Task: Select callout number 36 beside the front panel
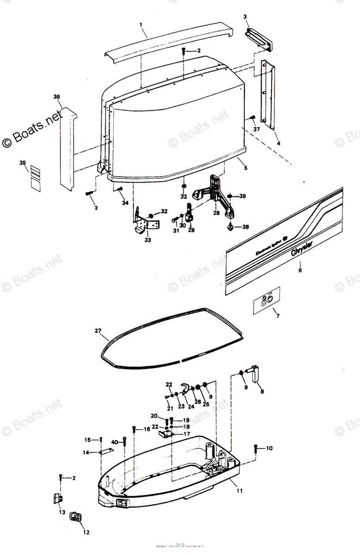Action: [57, 97]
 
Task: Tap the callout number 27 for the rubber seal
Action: [98, 330]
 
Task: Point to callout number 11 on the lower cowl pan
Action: [239, 490]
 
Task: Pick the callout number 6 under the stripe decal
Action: [300, 270]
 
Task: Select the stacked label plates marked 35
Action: [35, 178]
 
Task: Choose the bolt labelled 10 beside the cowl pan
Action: [255, 448]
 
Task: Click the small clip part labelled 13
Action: [57, 499]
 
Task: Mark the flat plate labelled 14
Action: [107, 452]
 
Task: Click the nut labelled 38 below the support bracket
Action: [230, 227]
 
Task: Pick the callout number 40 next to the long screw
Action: [114, 443]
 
